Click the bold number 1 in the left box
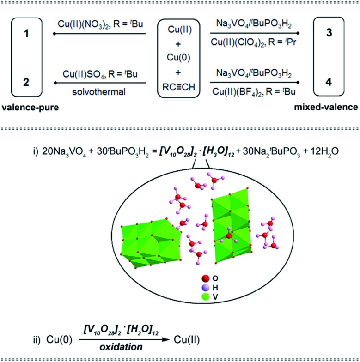tap(27, 35)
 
